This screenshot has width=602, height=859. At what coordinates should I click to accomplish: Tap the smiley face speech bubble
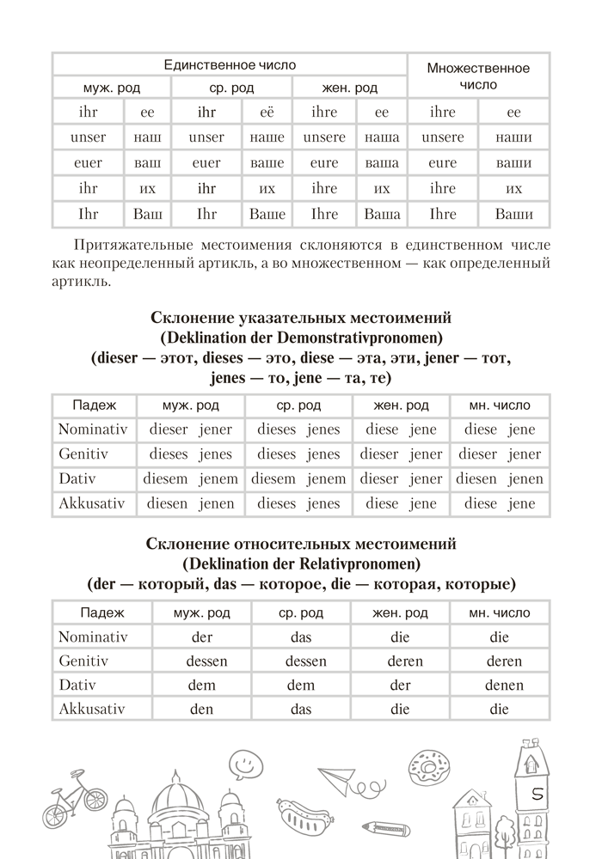244,761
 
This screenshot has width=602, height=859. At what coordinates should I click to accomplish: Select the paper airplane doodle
335,776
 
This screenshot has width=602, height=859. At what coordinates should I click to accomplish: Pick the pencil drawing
384,826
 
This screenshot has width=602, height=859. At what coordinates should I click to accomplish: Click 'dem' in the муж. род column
201,685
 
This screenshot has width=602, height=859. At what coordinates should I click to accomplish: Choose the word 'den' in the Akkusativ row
201,710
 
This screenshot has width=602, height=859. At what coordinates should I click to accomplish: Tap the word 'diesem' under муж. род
168,478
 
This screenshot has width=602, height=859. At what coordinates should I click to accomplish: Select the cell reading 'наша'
382,137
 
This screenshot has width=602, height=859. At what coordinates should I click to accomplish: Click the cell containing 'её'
267,112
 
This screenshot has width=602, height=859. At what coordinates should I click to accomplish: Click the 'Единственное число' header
230,64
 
